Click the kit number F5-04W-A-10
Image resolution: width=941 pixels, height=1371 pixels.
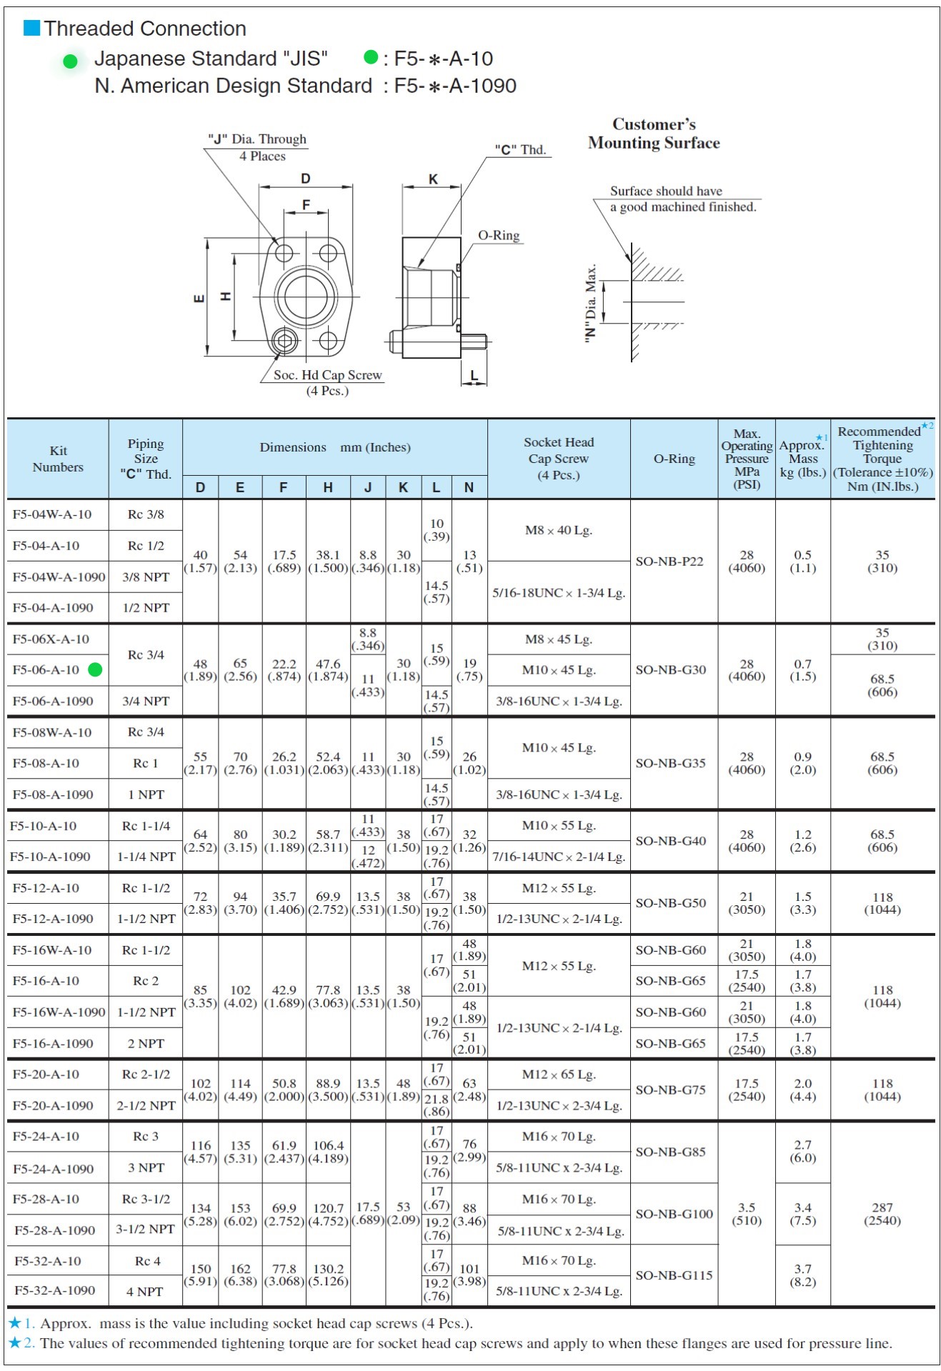[52, 514]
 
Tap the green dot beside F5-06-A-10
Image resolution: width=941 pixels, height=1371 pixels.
[95, 669]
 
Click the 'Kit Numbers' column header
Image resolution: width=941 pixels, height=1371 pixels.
[58, 459]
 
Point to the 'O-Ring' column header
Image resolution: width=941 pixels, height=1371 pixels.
[674, 459]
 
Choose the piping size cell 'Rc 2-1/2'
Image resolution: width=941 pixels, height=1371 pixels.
[146, 1075]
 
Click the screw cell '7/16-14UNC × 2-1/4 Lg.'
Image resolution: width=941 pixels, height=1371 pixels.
[559, 857]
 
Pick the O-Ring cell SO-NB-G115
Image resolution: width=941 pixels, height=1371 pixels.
[674, 1275]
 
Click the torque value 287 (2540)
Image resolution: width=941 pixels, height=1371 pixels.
[882, 1214]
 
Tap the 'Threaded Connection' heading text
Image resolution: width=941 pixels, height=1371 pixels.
[145, 29]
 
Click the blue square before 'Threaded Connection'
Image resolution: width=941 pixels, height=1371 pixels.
[32, 28]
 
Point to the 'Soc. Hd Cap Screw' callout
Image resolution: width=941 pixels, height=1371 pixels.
[327, 375]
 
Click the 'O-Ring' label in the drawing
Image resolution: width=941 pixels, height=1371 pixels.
[499, 236]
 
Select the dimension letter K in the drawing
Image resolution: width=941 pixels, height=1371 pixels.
[433, 179]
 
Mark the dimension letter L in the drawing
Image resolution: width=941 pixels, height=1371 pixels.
[474, 376]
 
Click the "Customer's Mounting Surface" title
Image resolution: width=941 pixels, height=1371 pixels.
[654, 134]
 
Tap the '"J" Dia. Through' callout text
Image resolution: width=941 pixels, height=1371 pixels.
[257, 139]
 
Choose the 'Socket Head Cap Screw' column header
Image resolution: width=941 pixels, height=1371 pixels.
[559, 459]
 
